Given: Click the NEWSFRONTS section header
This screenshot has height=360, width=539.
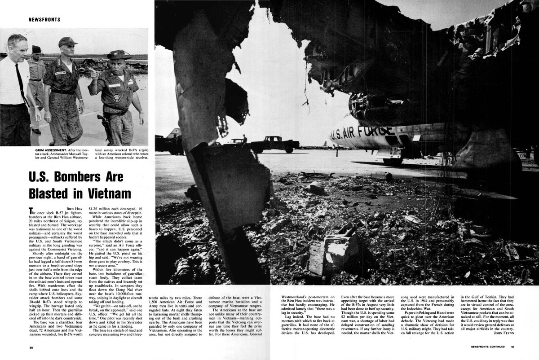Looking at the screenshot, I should (44, 20).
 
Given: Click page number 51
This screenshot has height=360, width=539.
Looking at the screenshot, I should (512, 347).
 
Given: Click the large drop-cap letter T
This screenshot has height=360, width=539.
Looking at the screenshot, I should (31, 211).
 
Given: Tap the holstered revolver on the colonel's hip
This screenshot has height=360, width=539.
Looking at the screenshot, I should (105, 122).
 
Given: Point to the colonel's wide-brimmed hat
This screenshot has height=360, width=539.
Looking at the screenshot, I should (119, 55).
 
